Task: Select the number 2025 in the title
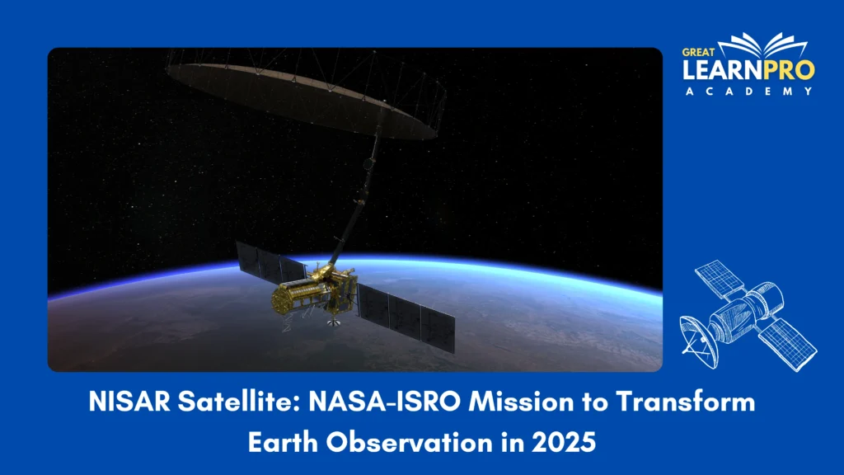pyautogui.click(x=565, y=442)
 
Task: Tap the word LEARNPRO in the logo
pyautogui.click(x=748, y=70)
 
